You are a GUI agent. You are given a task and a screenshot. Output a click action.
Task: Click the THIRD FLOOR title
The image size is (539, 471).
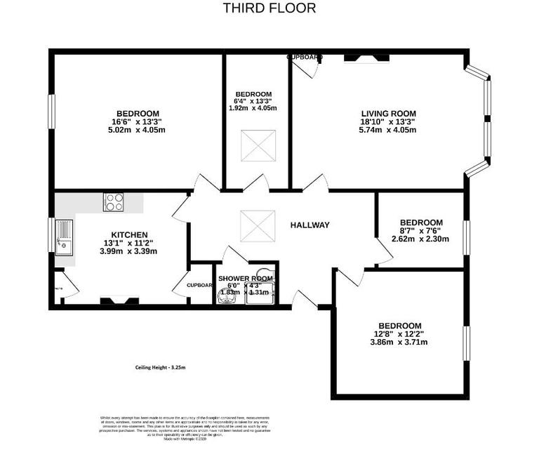[269, 8]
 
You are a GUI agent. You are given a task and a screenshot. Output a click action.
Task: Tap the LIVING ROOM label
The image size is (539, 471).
[389, 114]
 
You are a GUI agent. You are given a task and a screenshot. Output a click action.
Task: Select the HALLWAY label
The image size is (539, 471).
[310, 225]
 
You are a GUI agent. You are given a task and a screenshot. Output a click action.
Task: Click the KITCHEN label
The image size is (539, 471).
[129, 235]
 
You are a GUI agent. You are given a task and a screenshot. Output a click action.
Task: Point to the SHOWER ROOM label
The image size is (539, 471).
[245, 279]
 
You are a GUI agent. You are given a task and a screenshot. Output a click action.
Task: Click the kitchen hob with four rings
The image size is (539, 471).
[113, 202]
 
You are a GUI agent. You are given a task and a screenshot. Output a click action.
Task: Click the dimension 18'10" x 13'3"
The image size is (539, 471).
[389, 121]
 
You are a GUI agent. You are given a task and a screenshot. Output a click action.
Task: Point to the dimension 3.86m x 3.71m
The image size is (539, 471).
[399, 342]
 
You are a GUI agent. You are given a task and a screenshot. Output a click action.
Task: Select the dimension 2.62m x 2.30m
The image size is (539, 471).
[421, 239]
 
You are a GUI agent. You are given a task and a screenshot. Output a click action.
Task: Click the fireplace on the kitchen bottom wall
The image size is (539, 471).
[114, 301]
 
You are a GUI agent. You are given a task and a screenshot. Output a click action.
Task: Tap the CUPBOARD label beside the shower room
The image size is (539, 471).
[200, 285]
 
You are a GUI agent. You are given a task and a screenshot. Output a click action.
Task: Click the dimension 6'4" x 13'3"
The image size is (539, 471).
[253, 101]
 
